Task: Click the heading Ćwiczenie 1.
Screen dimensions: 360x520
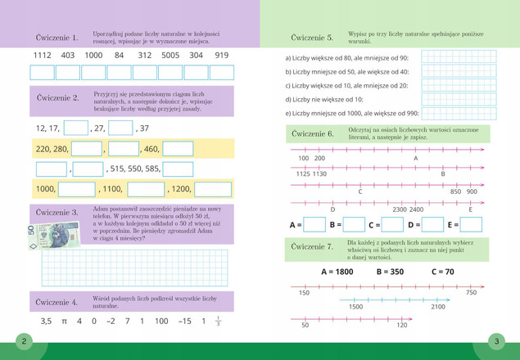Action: coord(57,38)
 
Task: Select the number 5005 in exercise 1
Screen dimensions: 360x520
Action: coord(170,56)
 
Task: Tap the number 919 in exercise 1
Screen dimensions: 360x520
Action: coord(221,56)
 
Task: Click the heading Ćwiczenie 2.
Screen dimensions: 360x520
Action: coord(57,98)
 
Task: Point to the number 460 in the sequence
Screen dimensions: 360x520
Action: coord(150,149)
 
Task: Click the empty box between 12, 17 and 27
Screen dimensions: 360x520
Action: coord(75,128)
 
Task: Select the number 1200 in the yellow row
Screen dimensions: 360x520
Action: coord(180,189)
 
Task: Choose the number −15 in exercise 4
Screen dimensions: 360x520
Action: coord(185,322)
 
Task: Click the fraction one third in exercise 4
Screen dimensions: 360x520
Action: coord(218,322)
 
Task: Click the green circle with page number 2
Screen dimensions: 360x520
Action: coord(24,341)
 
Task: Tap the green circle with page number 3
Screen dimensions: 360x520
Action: coord(496,341)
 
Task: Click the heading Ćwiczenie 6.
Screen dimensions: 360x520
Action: coord(313,133)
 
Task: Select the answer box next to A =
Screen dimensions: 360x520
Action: coord(314,224)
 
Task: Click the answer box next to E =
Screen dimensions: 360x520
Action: coord(471,224)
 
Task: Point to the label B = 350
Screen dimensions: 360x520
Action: coord(390,272)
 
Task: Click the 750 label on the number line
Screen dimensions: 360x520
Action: coord(471,293)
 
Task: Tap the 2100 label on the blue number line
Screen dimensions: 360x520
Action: coord(438,307)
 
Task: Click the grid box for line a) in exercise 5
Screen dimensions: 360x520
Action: coord(459,57)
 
